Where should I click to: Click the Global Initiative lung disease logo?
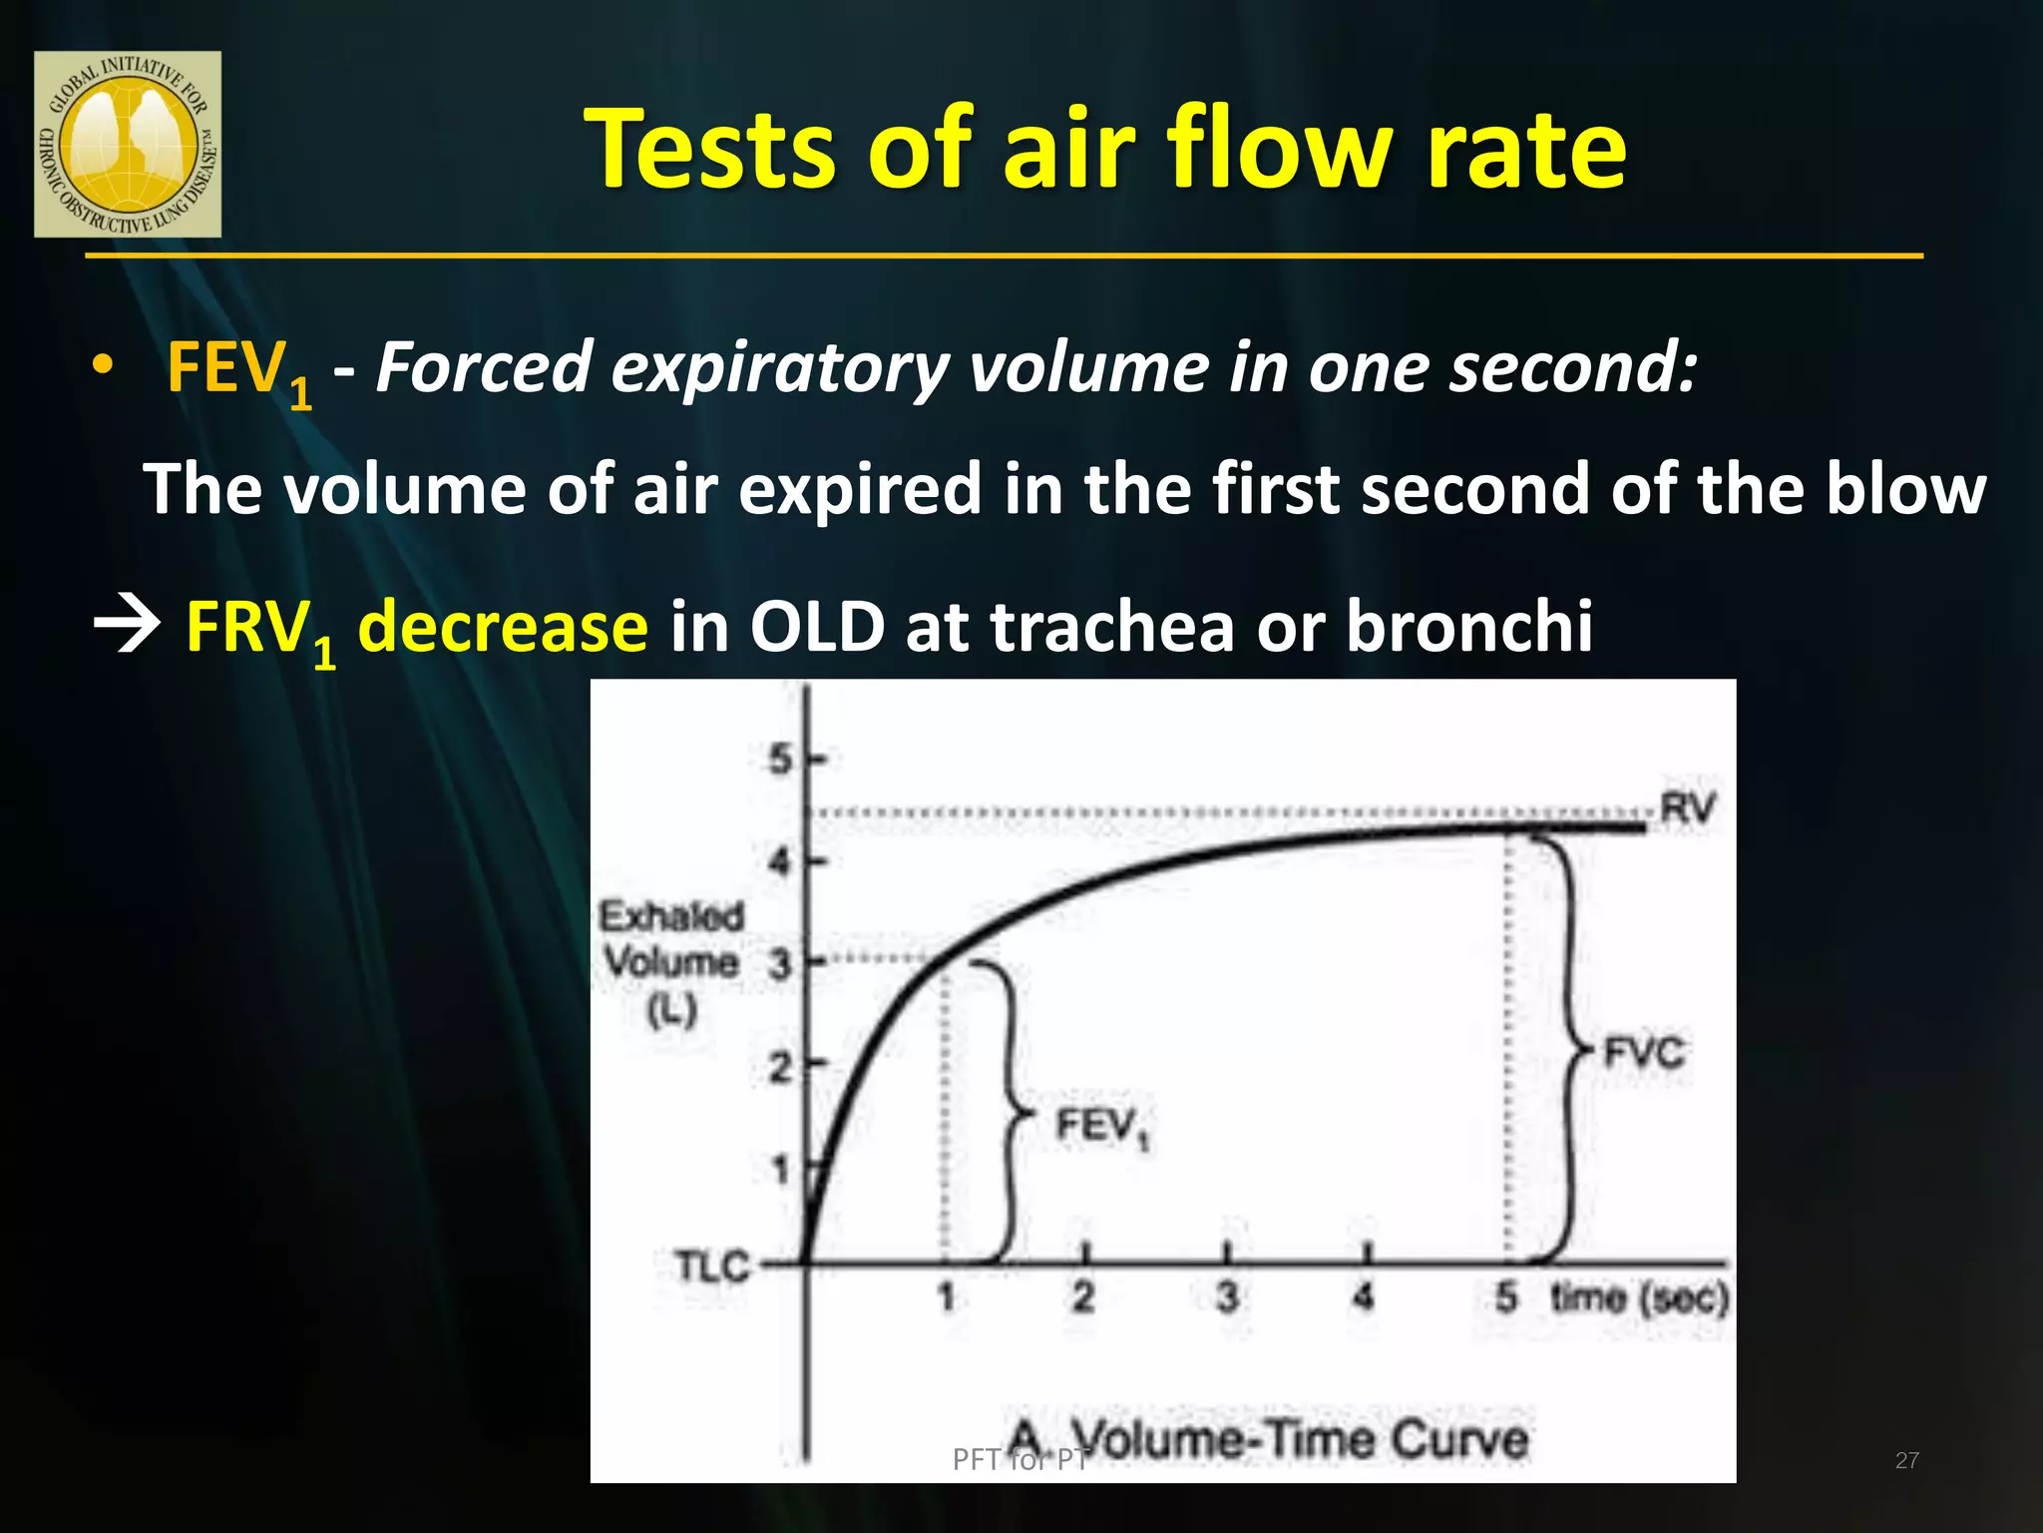pos(128,145)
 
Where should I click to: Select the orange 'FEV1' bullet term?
pos(237,370)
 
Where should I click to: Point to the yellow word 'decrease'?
pos(503,627)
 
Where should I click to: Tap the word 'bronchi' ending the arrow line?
pos(1468,627)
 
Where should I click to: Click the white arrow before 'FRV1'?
pos(127,627)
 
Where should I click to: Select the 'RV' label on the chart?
pos(1687,807)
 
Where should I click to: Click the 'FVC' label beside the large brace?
pos(1643,1052)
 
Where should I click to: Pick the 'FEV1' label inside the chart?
pos(1101,1128)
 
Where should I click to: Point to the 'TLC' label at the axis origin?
pos(712,1268)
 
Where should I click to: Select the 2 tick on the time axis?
pos(1084,1296)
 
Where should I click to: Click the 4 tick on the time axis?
pos(1364,1296)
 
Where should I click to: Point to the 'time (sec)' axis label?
pos(1639,1297)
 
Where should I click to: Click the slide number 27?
pos(1906,1460)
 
